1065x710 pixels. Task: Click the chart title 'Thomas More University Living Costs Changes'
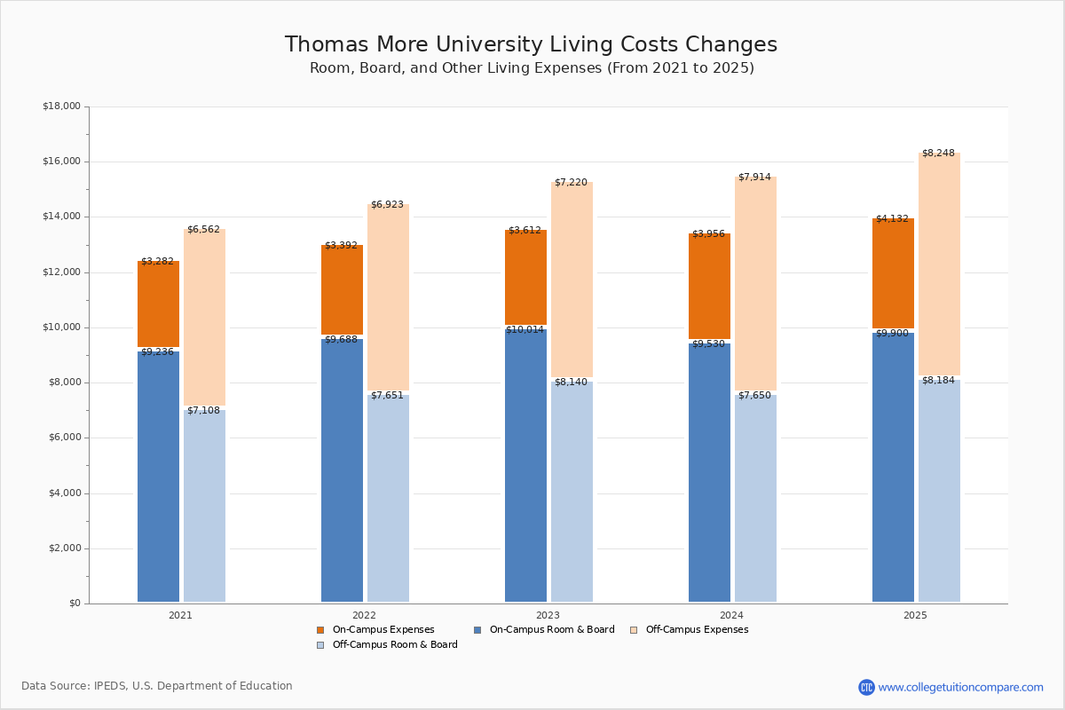531,45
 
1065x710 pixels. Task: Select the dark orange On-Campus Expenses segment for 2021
158,304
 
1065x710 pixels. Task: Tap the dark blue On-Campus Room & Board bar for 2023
525,466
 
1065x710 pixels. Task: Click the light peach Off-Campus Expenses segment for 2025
939,264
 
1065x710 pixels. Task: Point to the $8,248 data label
938,154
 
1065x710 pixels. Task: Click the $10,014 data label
525,330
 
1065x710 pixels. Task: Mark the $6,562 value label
203,230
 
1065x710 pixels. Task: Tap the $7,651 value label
387,396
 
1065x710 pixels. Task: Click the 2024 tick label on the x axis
731,615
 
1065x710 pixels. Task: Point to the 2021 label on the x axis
180,615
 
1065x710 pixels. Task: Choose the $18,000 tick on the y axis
61,106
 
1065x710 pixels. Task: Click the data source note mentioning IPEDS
157,686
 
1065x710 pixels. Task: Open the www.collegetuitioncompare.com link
960,687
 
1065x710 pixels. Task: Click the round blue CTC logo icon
866,687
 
